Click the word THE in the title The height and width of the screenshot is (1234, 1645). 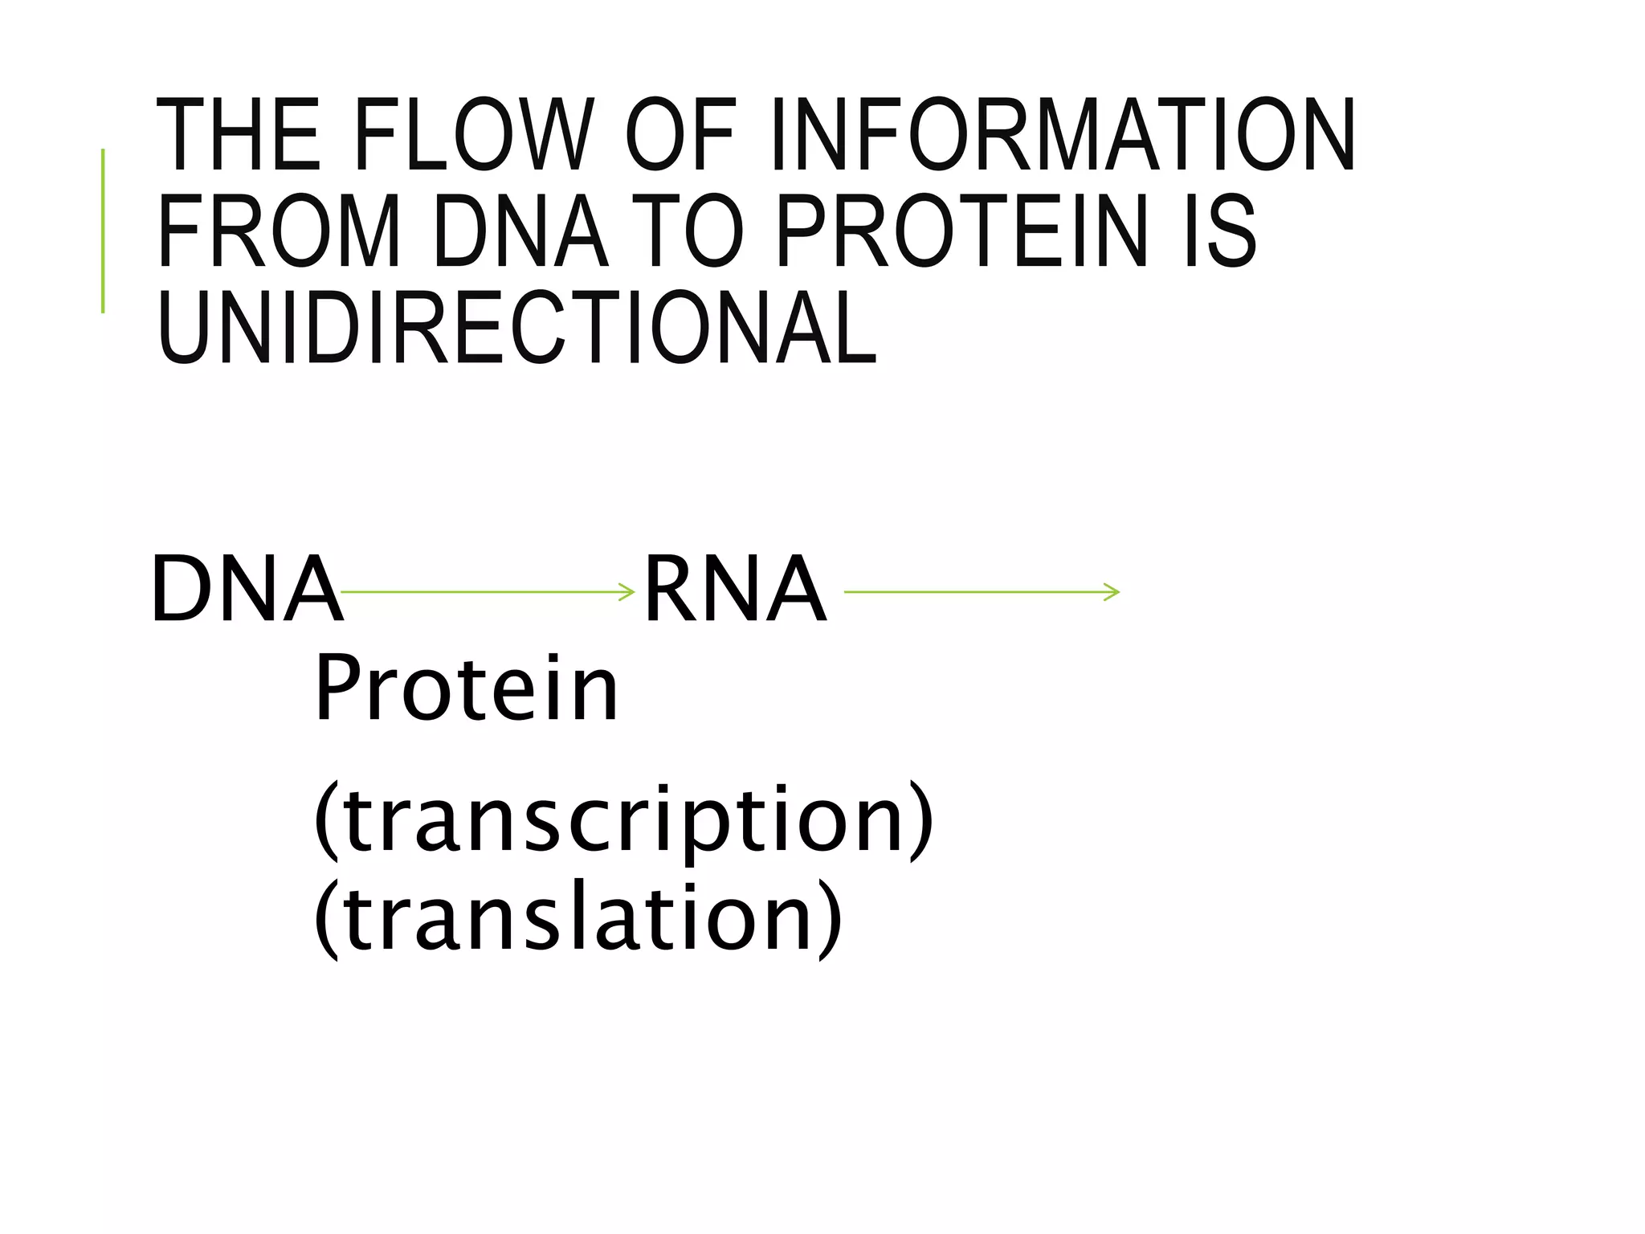click(x=239, y=135)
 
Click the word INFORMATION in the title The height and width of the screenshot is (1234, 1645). click(x=1063, y=135)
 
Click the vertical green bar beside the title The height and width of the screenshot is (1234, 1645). click(x=103, y=231)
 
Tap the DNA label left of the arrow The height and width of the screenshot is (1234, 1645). click(x=247, y=589)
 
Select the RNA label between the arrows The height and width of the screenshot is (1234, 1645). click(x=735, y=589)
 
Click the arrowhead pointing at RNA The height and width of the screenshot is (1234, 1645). click(x=628, y=593)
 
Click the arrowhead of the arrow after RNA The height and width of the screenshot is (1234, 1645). click(x=1112, y=593)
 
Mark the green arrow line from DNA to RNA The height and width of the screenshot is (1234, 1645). click(x=482, y=593)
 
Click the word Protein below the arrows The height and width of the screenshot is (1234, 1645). click(x=467, y=689)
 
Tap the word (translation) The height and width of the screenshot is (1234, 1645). click(x=578, y=918)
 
